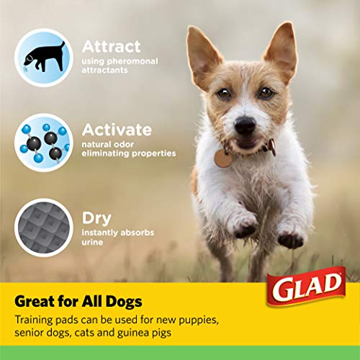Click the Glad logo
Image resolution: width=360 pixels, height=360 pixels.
(307, 287)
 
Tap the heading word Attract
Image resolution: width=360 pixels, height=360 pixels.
(111, 47)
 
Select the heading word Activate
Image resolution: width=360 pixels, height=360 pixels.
(117, 130)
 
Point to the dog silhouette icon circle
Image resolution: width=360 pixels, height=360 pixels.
(44, 57)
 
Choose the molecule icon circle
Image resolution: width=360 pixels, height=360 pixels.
(44, 141)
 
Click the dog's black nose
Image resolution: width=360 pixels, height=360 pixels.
(245, 125)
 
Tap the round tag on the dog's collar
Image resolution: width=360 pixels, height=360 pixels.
(223, 158)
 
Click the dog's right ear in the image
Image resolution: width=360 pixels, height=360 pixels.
(282, 50)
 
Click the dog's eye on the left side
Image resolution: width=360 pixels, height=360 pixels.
(223, 94)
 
